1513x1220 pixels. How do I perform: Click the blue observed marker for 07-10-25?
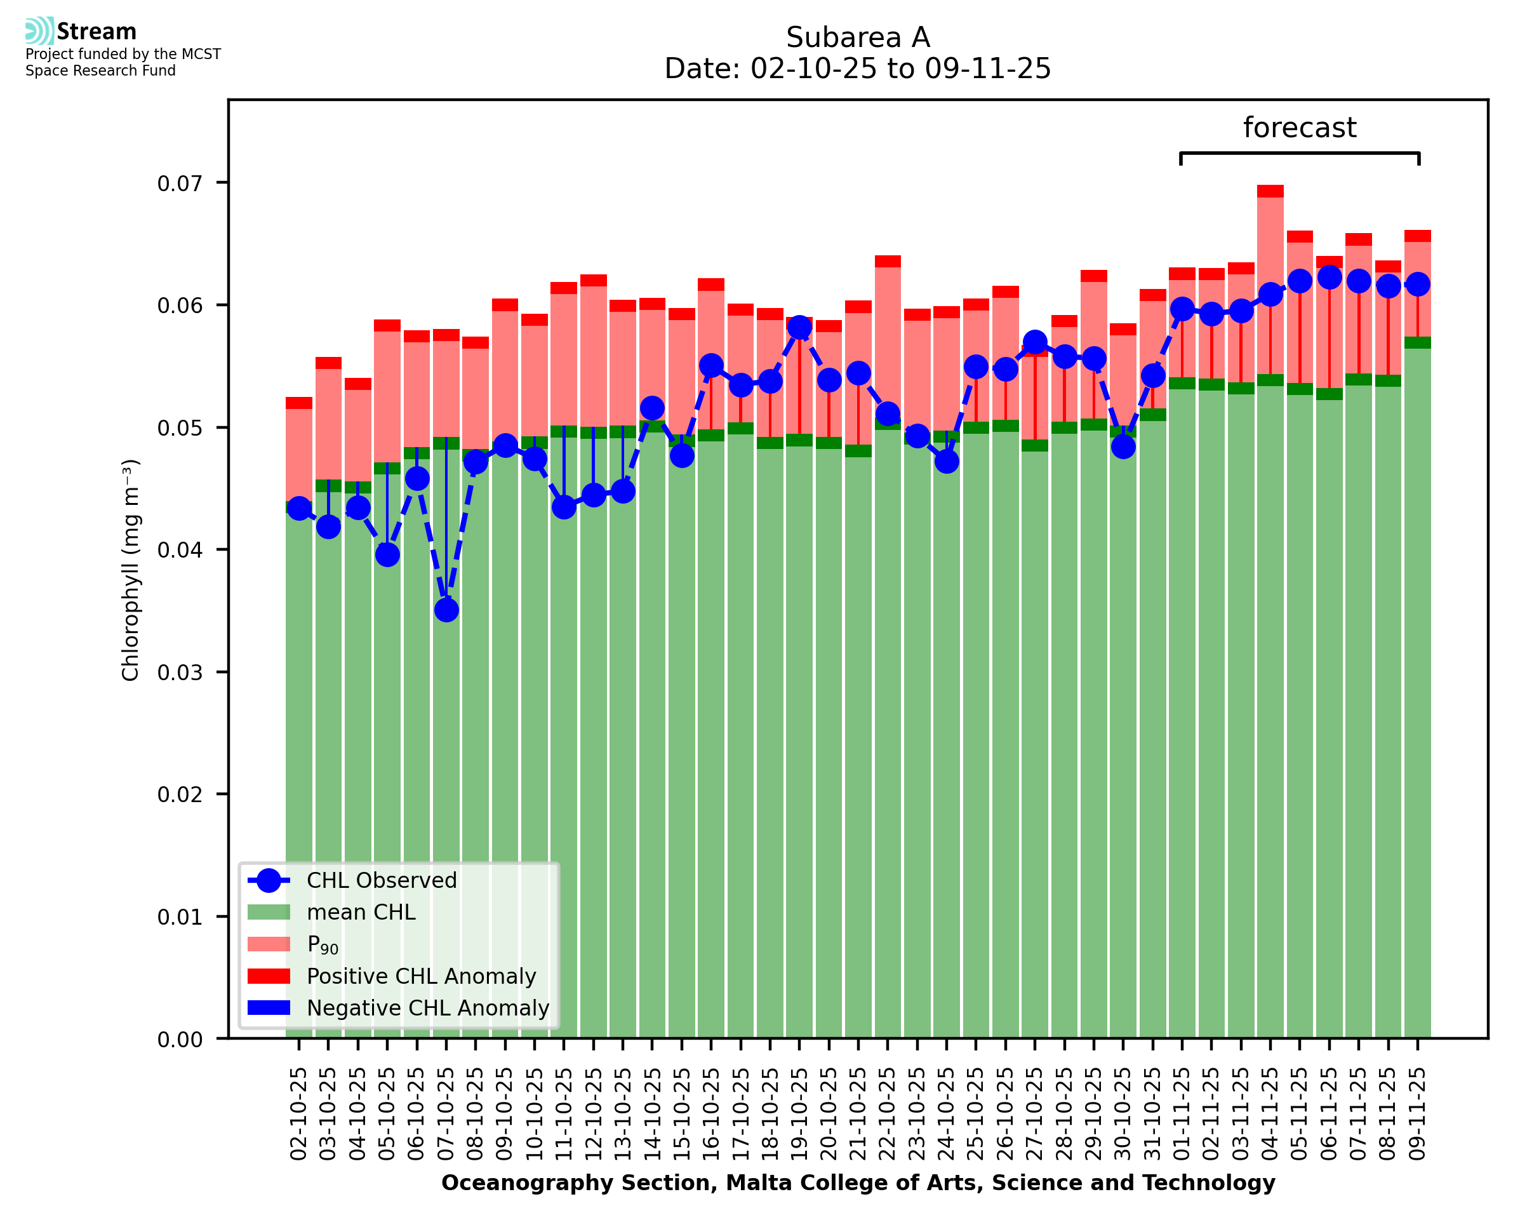click(446, 610)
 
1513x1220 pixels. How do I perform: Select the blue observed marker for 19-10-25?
click(799, 327)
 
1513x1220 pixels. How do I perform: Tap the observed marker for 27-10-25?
click(1035, 343)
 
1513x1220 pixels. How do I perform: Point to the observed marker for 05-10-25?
click(387, 555)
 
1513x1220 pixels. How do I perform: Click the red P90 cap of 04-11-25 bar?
click(1270, 191)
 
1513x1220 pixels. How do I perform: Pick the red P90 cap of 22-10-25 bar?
click(888, 262)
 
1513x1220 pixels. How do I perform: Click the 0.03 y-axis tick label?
click(179, 673)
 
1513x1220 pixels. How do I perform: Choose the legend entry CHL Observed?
click(382, 881)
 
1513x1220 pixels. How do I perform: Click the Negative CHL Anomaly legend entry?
click(428, 1008)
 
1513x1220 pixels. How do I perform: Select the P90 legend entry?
click(323, 945)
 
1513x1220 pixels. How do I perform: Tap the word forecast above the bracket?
click(1300, 128)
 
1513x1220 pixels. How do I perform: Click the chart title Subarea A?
click(858, 37)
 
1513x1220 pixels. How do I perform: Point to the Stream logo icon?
click(39, 31)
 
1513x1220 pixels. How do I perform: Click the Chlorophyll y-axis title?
click(131, 570)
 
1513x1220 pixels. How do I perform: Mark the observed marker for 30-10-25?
click(1123, 446)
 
